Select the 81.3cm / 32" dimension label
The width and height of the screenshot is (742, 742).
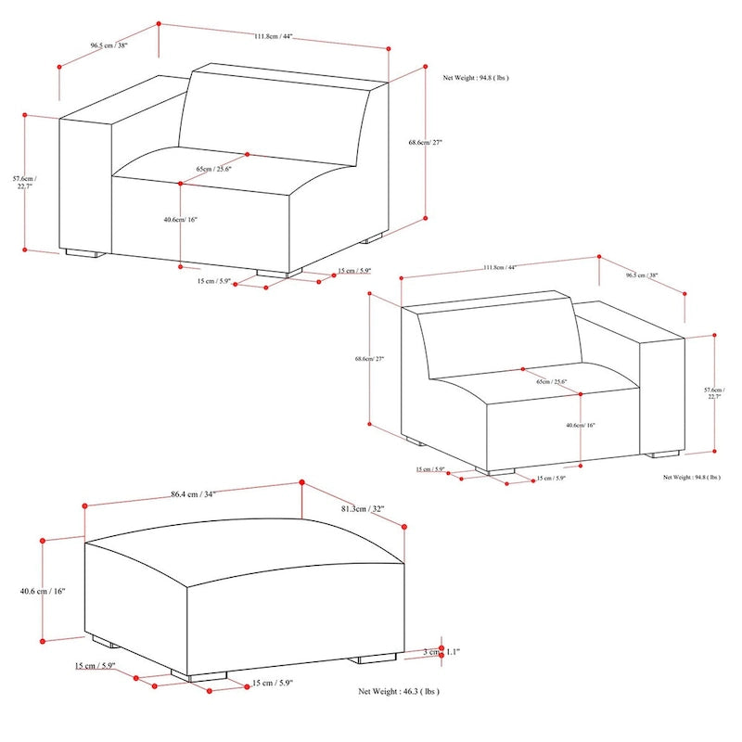(363, 509)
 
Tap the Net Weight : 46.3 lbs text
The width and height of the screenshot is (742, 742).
(399, 692)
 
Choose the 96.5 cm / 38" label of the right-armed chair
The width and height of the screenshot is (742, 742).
(642, 275)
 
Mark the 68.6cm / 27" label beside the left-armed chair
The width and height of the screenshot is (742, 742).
(426, 143)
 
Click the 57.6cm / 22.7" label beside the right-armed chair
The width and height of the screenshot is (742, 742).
(712, 393)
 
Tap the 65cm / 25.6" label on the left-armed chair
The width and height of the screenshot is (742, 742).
(213, 169)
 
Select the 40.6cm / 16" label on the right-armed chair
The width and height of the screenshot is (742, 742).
(580, 425)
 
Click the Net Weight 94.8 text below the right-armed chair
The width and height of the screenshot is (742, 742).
(691, 477)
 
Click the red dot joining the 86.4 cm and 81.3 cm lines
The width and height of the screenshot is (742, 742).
(302, 482)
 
